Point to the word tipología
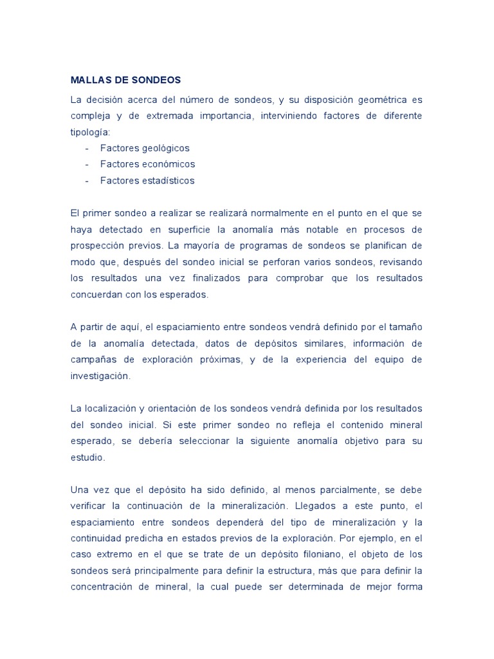(x=90, y=132)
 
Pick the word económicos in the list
(x=169, y=164)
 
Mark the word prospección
(x=96, y=246)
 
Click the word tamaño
(x=405, y=328)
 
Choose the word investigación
(x=100, y=376)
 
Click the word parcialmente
(x=347, y=490)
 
